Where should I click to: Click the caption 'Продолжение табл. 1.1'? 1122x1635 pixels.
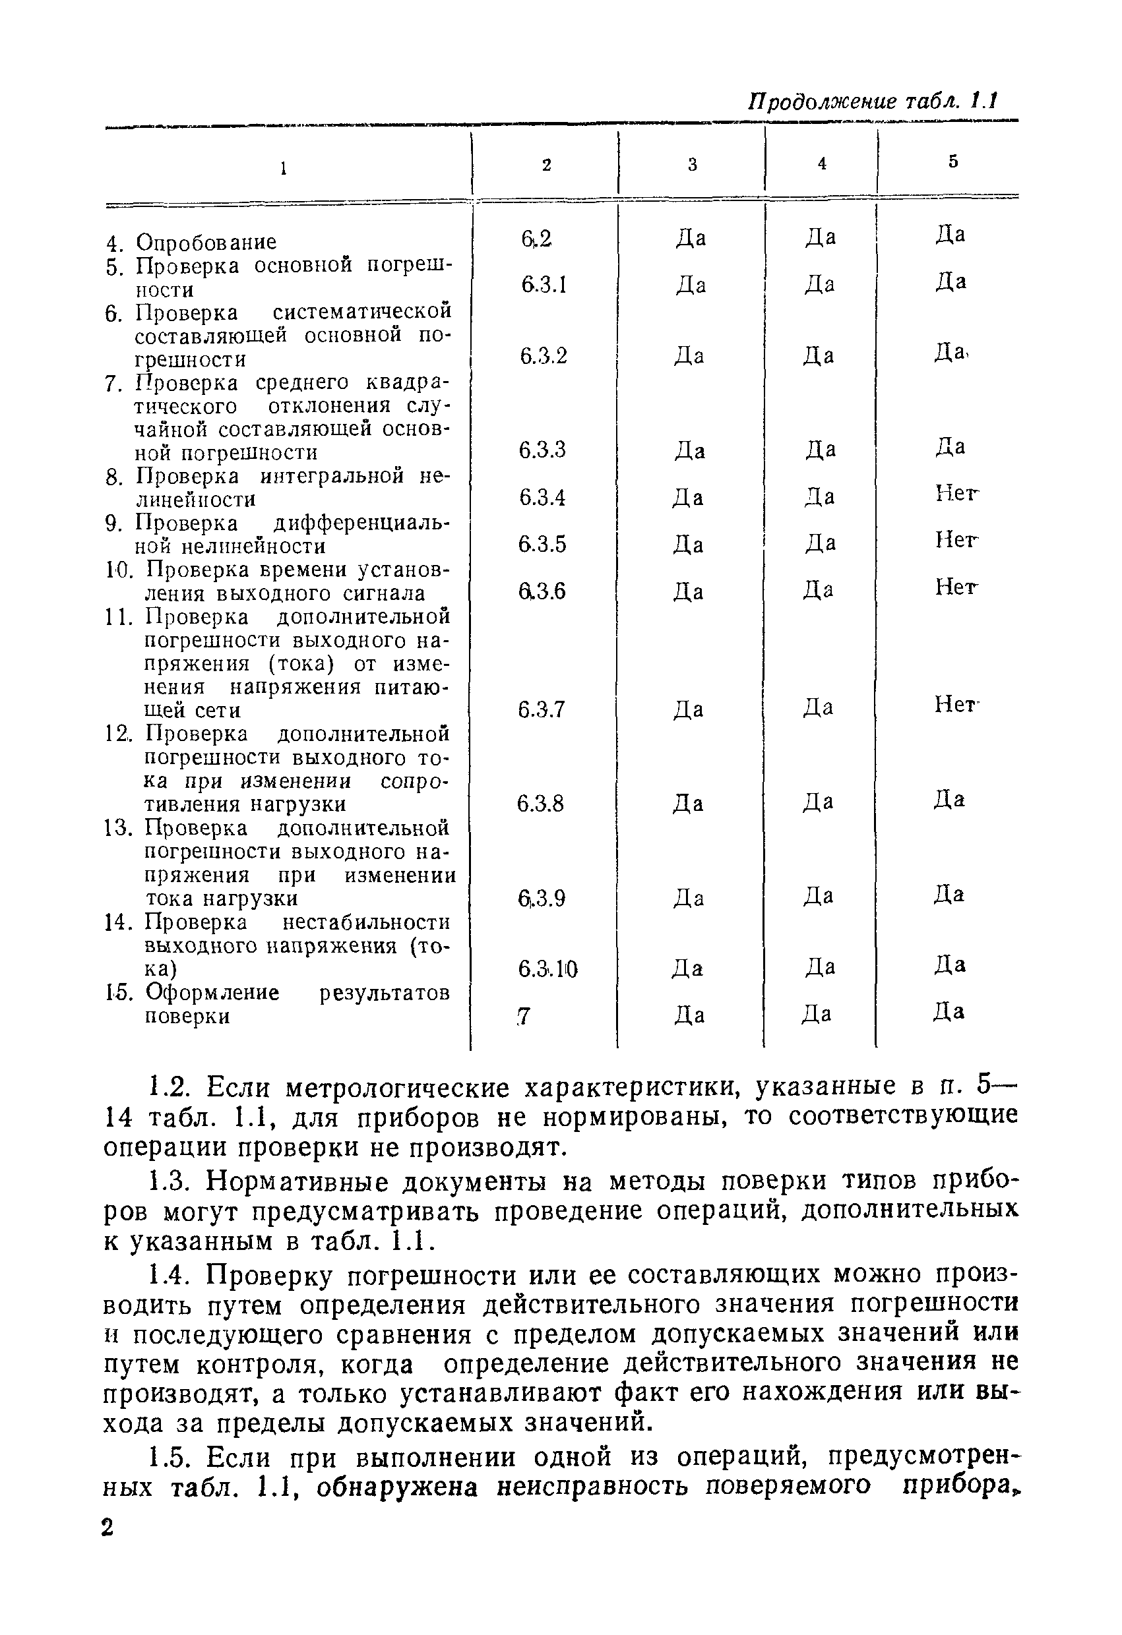872,101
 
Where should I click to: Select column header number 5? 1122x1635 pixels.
953,162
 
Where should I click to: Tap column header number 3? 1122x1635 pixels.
692,165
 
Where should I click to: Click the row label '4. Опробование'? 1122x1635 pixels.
191,242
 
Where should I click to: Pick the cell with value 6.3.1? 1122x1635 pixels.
544,285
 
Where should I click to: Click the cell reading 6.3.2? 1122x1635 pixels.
544,356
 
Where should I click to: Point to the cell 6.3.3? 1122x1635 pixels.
543,450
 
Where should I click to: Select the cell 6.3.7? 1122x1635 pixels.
542,709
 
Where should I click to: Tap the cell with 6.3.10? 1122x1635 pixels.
547,969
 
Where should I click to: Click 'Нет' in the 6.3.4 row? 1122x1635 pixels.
956,494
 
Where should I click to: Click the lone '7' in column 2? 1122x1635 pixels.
523,1016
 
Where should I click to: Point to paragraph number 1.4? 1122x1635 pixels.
170,1274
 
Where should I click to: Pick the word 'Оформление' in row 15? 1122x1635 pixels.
212,993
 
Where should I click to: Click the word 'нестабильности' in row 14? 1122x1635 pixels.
365,922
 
